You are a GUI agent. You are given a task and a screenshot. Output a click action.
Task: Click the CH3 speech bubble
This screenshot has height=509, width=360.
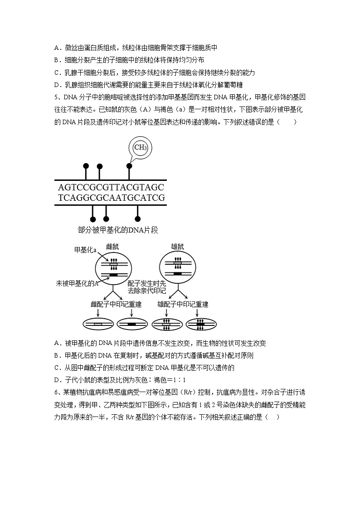click(x=141, y=148)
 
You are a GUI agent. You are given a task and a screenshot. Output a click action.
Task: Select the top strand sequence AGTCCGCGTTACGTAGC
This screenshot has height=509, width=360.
click(x=111, y=187)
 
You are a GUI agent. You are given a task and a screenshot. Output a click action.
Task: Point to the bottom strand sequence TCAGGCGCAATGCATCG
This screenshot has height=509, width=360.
click(x=111, y=198)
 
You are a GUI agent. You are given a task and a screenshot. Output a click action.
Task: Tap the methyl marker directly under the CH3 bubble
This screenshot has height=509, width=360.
click(x=129, y=166)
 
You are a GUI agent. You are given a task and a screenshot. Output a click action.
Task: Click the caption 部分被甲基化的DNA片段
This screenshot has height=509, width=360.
click(x=118, y=230)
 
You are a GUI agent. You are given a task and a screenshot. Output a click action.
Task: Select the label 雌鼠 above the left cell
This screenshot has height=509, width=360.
click(x=112, y=247)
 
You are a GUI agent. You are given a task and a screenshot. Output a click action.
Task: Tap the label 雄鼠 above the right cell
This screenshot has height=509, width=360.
click(x=177, y=247)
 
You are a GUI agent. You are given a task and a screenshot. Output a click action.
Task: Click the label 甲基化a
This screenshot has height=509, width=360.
click(x=86, y=250)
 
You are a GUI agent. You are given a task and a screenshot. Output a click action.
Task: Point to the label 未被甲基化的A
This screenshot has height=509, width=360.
click(x=78, y=283)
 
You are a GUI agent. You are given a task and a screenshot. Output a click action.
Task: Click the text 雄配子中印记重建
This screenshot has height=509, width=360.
click(x=183, y=305)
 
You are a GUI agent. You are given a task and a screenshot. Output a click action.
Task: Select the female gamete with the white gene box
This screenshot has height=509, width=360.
click(x=97, y=324)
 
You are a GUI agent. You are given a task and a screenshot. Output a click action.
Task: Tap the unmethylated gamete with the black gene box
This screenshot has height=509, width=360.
click(x=132, y=324)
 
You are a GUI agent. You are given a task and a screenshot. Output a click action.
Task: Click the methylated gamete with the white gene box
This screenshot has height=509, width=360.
click(x=166, y=324)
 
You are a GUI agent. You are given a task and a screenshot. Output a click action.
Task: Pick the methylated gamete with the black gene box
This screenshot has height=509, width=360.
click(x=201, y=324)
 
